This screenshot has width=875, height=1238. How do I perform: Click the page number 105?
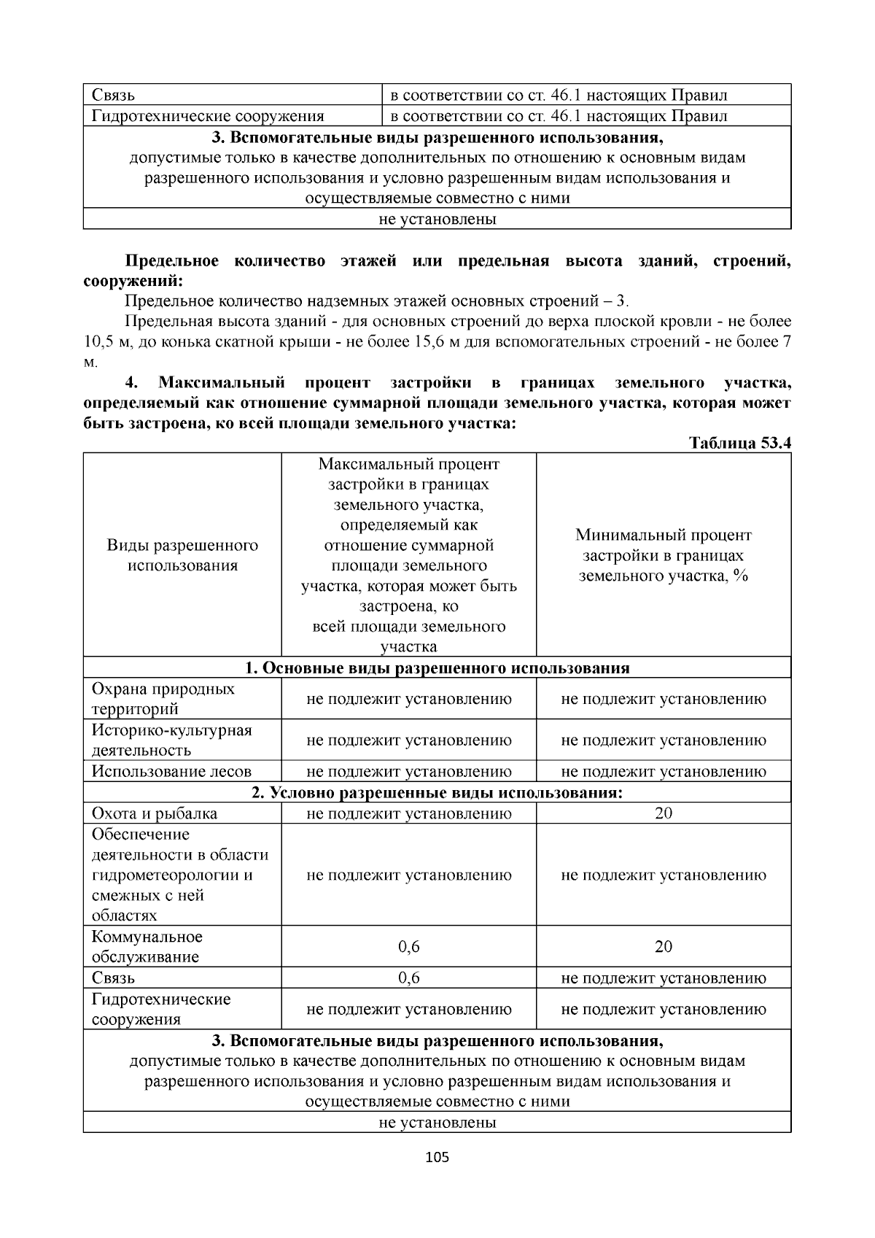(437, 1157)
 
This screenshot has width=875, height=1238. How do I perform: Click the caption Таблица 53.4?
(739, 444)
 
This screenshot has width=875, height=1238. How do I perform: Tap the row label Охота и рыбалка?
(155, 813)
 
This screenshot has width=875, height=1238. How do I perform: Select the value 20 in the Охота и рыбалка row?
(663, 813)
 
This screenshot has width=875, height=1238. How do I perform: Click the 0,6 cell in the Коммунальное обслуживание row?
(408, 947)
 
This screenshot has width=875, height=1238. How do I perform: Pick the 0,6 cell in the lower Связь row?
(408, 978)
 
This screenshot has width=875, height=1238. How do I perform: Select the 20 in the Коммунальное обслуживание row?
(663, 947)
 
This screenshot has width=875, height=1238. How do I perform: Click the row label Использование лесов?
(171, 771)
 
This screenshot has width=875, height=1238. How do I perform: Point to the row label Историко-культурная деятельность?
(171, 740)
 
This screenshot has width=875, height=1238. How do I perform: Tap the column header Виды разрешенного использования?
(182, 555)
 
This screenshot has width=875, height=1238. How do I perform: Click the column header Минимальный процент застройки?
(663, 555)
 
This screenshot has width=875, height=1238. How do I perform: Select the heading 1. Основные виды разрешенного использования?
(437, 668)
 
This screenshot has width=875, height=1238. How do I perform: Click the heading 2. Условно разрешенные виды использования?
(437, 792)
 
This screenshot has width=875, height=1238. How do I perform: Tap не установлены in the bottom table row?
(437, 1123)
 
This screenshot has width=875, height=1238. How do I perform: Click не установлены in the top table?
(437, 219)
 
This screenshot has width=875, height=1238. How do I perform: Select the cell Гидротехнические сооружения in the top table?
(208, 116)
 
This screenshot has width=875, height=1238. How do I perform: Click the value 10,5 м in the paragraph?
(106, 342)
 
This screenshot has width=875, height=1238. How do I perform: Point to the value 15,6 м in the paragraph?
(436, 342)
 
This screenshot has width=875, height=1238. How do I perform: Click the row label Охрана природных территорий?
(163, 699)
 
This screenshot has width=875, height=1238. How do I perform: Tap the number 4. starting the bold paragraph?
(131, 383)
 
